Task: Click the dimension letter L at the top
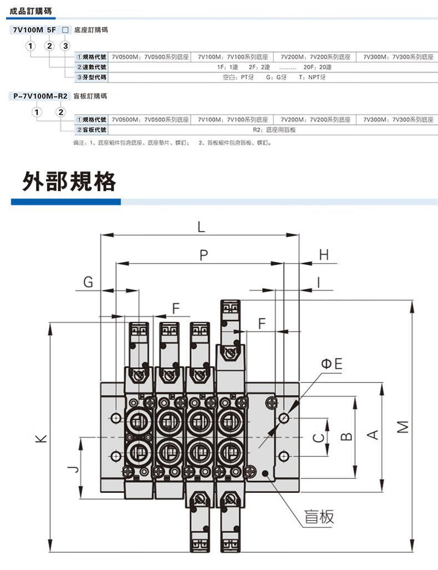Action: [x=201, y=227]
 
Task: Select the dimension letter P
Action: [x=204, y=255]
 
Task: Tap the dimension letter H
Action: [x=324, y=255]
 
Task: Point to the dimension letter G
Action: [x=88, y=282]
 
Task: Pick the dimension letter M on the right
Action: [x=403, y=427]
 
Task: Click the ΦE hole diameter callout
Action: [x=332, y=363]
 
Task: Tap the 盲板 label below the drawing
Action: [x=319, y=517]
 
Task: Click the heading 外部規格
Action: [x=69, y=181]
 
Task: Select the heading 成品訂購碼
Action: [x=30, y=11]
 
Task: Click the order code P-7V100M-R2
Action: [x=40, y=96]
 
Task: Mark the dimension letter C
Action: [x=318, y=437]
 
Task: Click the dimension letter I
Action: [x=319, y=282]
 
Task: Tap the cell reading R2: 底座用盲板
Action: [x=274, y=130]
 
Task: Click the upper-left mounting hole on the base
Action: [x=116, y=418]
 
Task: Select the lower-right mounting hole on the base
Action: [x=284, y=456]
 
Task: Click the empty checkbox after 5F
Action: [x=65, y=30]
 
